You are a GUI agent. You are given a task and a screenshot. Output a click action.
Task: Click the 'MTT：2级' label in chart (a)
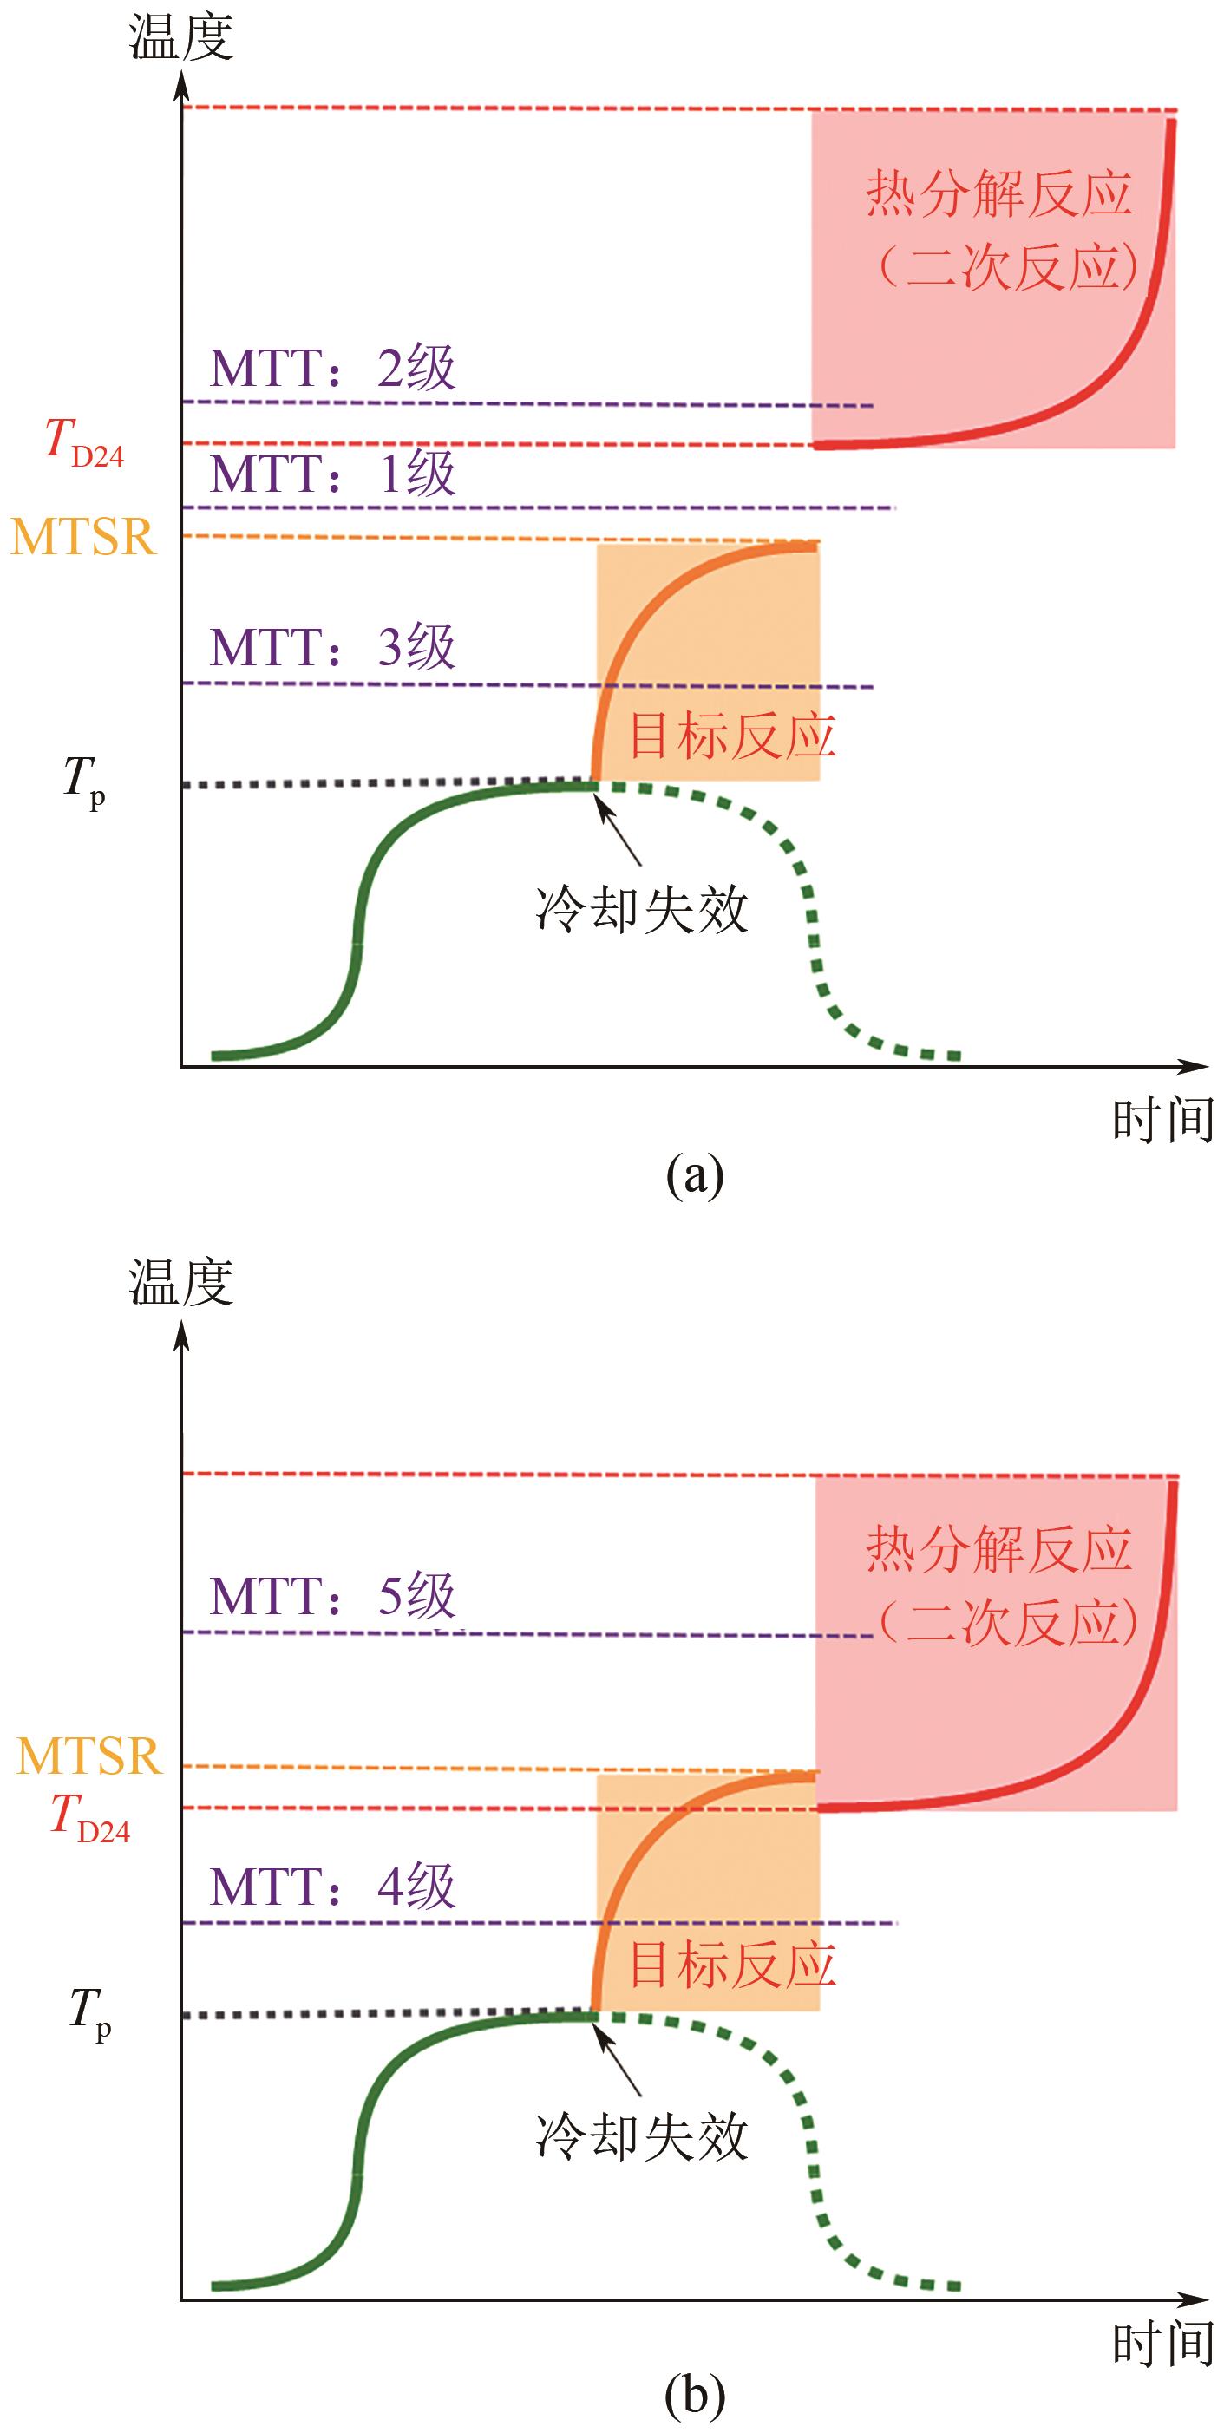click(x=332, y=369)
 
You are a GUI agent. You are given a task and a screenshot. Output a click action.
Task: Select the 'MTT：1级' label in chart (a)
click(x=332, y=474)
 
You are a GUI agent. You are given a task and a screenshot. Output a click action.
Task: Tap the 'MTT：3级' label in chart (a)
click(x=332, y=648)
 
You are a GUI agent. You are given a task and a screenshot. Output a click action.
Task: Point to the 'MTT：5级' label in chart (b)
click(x=332, y=1596)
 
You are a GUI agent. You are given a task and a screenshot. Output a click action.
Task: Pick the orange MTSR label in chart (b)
click(x=89, y=1756)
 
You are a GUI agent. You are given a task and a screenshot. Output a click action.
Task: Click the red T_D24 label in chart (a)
click(x=84, y=442)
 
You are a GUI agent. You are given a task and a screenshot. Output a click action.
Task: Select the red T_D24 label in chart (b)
click(x=89, y=1806)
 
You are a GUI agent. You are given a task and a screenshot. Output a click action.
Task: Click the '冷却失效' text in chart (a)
click(x=641, y=911)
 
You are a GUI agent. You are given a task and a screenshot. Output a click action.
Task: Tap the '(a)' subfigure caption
click(x=694, y=1175)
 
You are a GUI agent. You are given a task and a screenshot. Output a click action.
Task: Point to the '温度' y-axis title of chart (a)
click(x=180, y=40)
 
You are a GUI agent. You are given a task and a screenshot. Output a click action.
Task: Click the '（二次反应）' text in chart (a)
click(x=1006, y=268)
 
